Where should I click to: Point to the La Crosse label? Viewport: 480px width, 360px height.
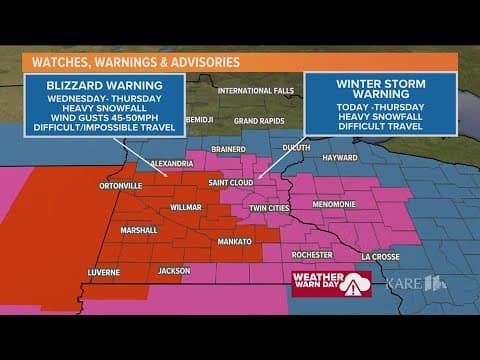tap(380, 256)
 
